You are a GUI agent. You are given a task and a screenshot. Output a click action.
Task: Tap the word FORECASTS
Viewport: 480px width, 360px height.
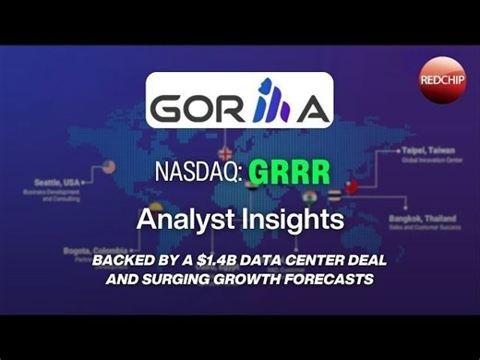[x=330, y=277]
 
